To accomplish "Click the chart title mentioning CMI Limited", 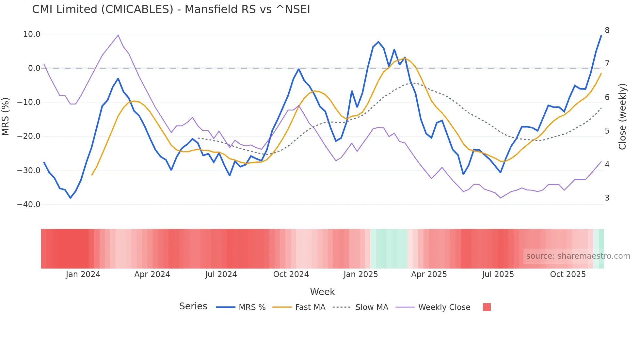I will [171, 9].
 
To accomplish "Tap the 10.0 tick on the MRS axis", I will [32, 34].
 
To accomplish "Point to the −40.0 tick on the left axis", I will [29, 205].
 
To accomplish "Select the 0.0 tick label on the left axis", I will [34, 68].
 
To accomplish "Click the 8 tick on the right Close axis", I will [607, 30].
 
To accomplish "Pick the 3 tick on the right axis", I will [607, 198].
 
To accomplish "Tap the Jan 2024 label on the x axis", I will [83, 274].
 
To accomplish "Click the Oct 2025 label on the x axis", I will [568, 274].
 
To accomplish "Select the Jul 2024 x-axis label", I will [221, 274].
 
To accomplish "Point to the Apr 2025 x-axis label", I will [429, 274].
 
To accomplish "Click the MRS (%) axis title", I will [5, 116].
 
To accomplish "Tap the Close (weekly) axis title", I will [622, 117].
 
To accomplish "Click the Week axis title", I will [322, 292].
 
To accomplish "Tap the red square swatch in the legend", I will [487, 307].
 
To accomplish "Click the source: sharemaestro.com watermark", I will [578, 256].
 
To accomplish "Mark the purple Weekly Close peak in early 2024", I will [118, 35].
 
